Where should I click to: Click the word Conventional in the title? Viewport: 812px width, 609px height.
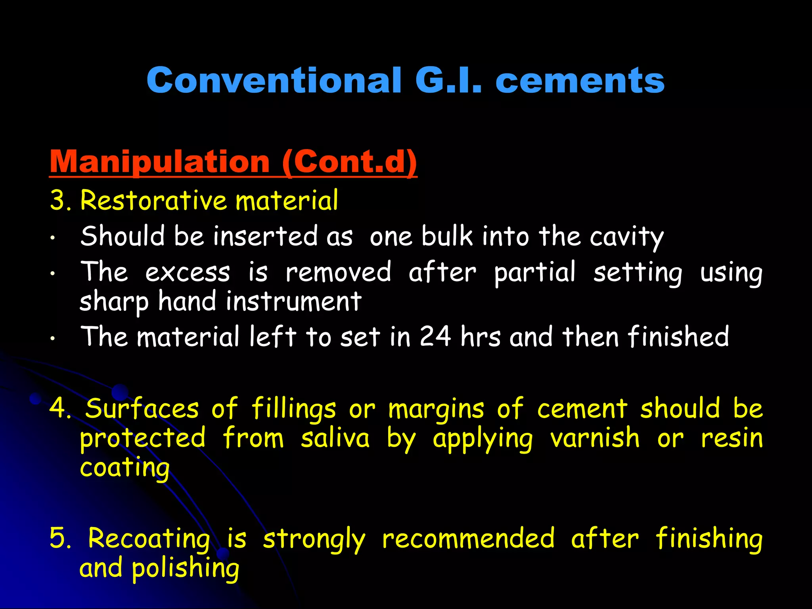(x=274, y=80)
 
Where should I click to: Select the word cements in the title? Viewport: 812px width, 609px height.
(x=580, y=80)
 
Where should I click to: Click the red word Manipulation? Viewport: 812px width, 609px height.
(x=159, y=162)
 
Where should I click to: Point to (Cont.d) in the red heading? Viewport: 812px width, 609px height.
(x=349, y=162)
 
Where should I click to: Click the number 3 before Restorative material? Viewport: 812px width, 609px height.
(x=58, y=200)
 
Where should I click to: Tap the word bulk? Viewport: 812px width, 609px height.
(x=447, y=236)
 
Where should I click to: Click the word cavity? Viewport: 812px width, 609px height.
(x=626, y=237)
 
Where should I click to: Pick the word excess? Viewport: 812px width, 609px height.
(x=188, y=273)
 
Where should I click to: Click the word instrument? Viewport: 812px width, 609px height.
(x=293, y=301)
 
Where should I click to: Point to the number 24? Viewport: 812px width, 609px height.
(x=435, y=337)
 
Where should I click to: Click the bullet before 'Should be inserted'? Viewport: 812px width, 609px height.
(x=52, y=238)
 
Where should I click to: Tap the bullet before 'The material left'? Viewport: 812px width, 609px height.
(x=52, y=339)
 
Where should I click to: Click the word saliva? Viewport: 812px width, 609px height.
(x=335, y=438)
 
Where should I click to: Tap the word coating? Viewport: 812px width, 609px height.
(x=124, y=468)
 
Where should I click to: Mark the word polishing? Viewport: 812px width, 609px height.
(x=186, y=569)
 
